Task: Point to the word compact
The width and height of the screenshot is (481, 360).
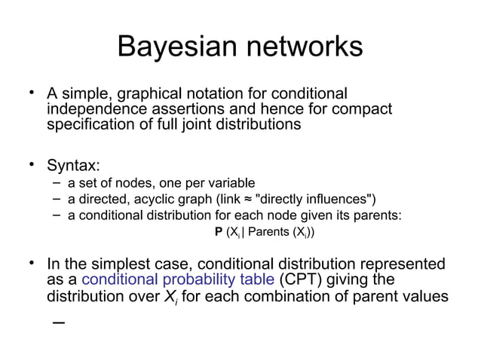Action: [365, 109]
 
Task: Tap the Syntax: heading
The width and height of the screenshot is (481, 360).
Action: [73, 165]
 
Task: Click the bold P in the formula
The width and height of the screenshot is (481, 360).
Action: [218, 231]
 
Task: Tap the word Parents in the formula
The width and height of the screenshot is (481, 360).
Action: [270, 231]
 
